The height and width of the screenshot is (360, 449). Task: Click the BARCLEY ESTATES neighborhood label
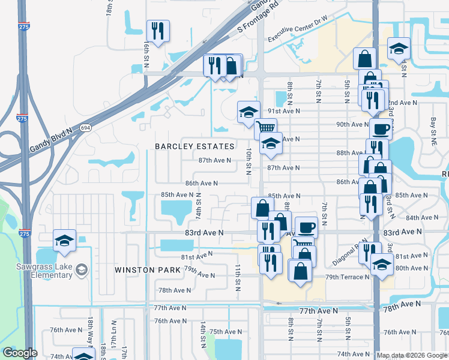(x=194, y=146)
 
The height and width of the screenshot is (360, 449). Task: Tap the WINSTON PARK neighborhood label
(x=148, y=270)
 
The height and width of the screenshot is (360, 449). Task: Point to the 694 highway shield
(x=85, y=128)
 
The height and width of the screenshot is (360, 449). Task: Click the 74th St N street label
(x=199, y=206)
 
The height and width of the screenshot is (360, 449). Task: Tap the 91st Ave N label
(x=283, y=111)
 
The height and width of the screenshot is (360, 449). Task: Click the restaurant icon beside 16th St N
(x=158, y=31)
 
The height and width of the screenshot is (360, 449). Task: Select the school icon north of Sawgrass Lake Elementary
(x=64, y=241)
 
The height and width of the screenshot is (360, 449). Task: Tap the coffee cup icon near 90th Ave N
(x=380, y=128)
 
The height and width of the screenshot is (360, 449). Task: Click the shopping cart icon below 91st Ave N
(x=265, y=127)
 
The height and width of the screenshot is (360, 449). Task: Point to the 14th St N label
(x=203, y=334)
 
